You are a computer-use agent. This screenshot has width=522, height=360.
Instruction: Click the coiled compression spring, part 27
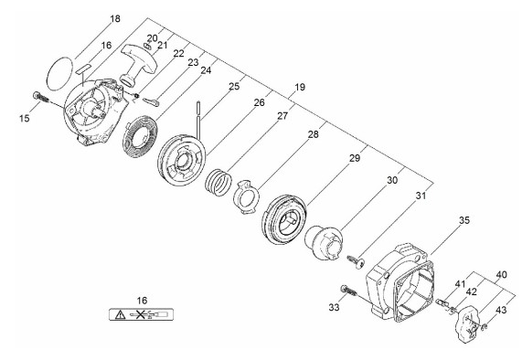click(218, 182)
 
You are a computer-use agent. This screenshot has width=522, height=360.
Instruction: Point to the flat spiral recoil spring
click(141, 136)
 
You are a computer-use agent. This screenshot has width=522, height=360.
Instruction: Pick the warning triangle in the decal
click(120, 314)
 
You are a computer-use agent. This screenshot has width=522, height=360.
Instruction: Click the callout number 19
click(300, 87)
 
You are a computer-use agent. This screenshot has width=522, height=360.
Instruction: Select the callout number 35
click(464, 220)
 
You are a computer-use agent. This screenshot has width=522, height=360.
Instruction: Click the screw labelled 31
click(355, 261)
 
